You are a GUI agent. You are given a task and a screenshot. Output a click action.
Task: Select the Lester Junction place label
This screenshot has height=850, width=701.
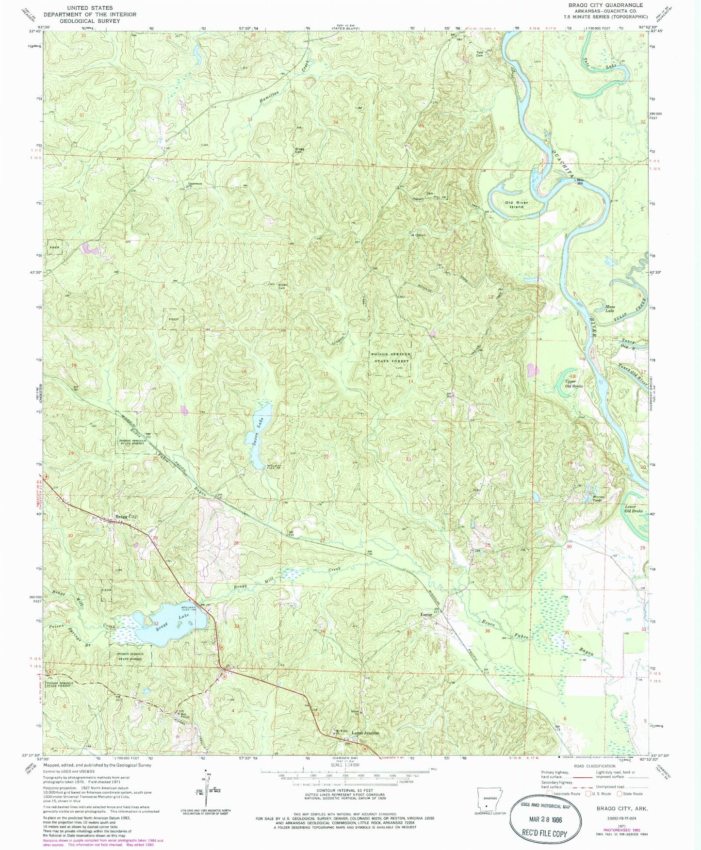coord(365,733)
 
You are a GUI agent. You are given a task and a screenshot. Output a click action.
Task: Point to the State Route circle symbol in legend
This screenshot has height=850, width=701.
coord(619,794)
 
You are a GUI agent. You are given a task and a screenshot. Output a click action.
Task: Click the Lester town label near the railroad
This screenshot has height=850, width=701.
coord(426,615)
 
